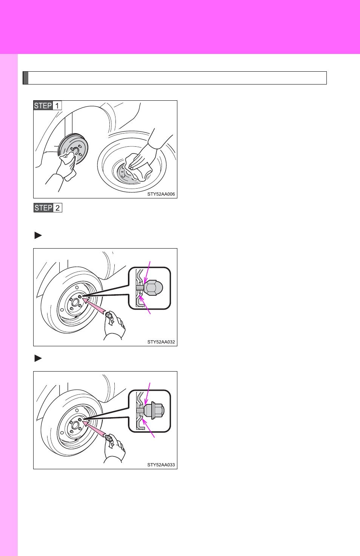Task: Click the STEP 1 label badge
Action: pyautogui.click(x=48, y=106)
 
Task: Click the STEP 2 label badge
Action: pyautogui.click(x=48, y=208)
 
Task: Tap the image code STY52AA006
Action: pyautogui.click(x=161, y=194)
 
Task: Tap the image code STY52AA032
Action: pyautogui.click(x=161, y=342)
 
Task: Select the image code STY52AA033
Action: pyautogui.click(x=161, y=465)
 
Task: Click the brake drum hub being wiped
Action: pyautogui.click(x=74, y=149)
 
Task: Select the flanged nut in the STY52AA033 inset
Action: pyautogui.click(x=154, y=410)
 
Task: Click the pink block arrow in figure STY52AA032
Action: pyautogui.click(x=95, y=307)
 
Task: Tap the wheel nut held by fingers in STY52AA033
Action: pyautogui.click(x=108, y=438)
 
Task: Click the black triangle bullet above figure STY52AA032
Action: pyautogui.click(x=38, y=235)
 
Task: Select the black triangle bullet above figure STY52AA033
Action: pyautogui.click(x=38, y=358)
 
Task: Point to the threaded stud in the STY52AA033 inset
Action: pyautogui.click(x=140, y=410)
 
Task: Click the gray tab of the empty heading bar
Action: pyautogui.click(x=26, y=78)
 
